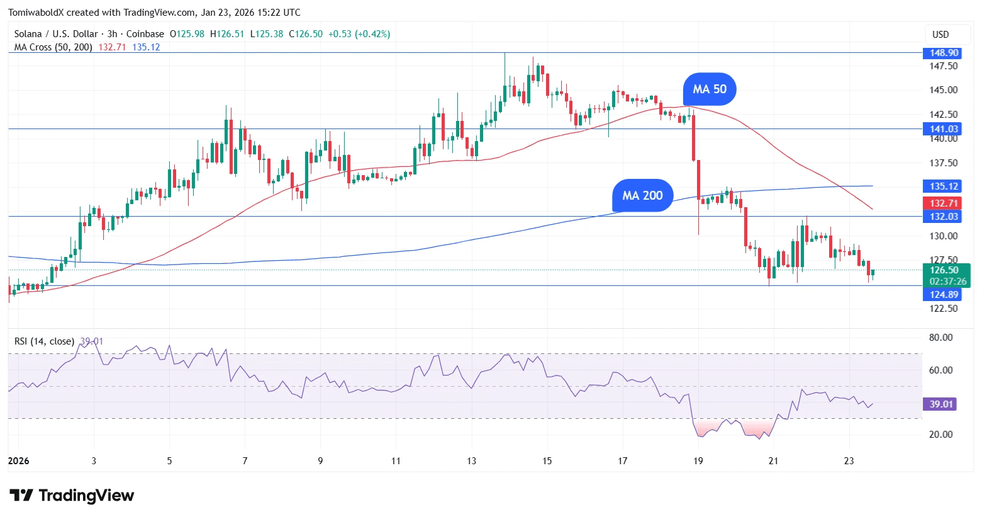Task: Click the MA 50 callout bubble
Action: pyautogui.click(x=710, y=89)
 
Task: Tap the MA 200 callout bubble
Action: pyautogui.click(x=642, y=196)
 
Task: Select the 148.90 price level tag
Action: pyautogui.click(x=944, y=53)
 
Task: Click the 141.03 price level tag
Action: pyautogui.click(x=944, y=129)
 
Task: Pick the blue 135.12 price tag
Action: pyautogui.click(x=944, y=186)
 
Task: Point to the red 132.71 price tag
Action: pyautogui.click(x=944, y=203)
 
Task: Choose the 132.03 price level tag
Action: pyautogui.click(x=944, y=217)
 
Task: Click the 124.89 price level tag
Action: pyautogui.click(x=944, y=295)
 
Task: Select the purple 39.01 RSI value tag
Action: pyautogui.click(x=940, y=404)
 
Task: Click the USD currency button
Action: pyautogui.click(x=940, y=35)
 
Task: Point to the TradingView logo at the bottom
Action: pyautogui.click(x=72, y=496)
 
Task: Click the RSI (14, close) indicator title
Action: pyautogui.click(x=44, y=341)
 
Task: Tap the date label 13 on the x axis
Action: pyautogui.click(x=472, y=461)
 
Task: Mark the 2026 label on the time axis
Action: pyautogui.click(x=19, y=461)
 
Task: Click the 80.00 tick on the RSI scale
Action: pyautogui.click(x=940, y=338)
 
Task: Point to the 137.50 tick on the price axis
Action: pyautogui.click(x=943, y=163)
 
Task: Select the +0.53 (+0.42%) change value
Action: pyautogui.click(x=359, y=34)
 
